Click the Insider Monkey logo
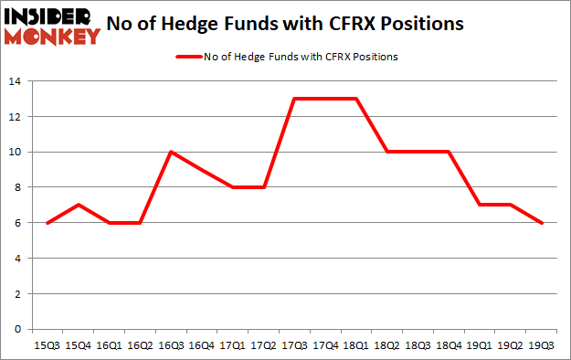point(52,26)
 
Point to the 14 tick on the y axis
point(16,81)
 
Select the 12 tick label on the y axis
point(16,117)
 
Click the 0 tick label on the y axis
point(18,330)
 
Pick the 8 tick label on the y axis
point(18,187)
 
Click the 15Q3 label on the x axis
point(48,345)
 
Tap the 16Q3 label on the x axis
point(171,345)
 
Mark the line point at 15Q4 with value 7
point(79,206)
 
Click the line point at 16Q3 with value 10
point(171,152)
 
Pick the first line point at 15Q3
point(48,223)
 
